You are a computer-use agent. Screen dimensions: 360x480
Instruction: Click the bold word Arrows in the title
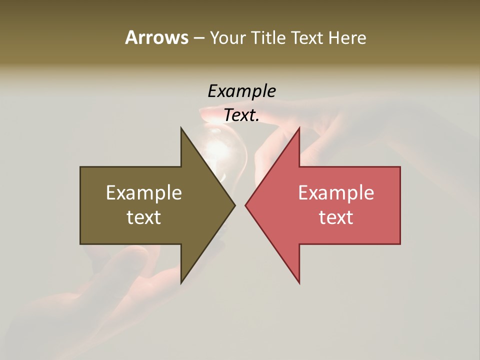(x=156, y=37)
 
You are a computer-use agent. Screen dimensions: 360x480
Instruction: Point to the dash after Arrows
(x=198, y=38)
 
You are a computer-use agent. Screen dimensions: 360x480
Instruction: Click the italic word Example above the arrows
(x=241, y=91)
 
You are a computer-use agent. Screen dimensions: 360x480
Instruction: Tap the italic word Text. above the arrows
(x=241, y=115)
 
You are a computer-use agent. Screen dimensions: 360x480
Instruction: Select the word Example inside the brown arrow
(x=144, y=192)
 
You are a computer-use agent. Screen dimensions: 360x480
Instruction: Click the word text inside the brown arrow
(x=144, y=217)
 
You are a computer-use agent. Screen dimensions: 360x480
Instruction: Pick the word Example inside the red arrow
(x=336, y=192)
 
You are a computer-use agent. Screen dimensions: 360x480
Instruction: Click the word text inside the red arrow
(x=336, y=217)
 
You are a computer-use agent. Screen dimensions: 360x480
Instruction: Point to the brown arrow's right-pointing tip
(x=234, y=205)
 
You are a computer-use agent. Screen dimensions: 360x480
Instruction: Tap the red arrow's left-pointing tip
(x=246, y=205)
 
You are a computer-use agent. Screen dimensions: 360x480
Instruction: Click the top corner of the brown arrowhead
(x=181, y=128)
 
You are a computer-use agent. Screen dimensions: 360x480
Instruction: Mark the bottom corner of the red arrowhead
(x=299, y=282)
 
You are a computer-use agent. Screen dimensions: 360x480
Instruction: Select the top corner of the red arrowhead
(x=299, y=128)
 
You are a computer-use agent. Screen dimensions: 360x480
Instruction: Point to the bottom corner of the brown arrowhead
(x=181, y=282)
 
